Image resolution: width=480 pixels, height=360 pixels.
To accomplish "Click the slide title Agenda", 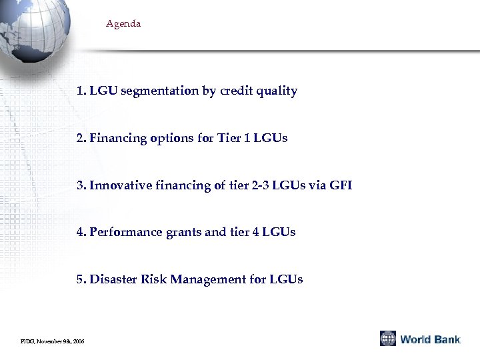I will [x=123, y=24].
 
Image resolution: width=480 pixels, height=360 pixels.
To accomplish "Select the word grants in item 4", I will [x=183, y=233].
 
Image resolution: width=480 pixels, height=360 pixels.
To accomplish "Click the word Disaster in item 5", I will [x=113, y=279].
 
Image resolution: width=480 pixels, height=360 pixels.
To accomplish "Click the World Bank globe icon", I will [x=388, y=339].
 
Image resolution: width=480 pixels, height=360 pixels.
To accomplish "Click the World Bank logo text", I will [x=430, y=339].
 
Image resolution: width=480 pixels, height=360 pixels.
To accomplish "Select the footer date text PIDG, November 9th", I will [x=53, y=341].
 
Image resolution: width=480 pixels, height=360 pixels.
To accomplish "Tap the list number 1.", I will [x=81, y=91].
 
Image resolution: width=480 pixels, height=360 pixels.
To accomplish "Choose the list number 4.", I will [x=81, y=232].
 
